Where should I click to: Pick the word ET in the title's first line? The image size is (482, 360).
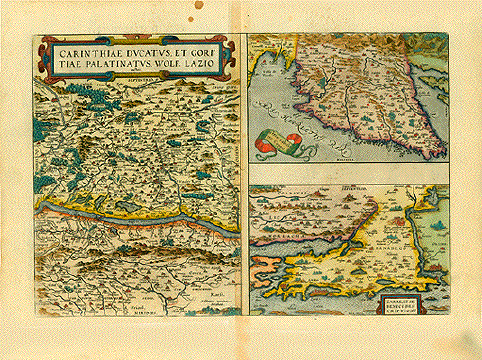pos(183,47)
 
